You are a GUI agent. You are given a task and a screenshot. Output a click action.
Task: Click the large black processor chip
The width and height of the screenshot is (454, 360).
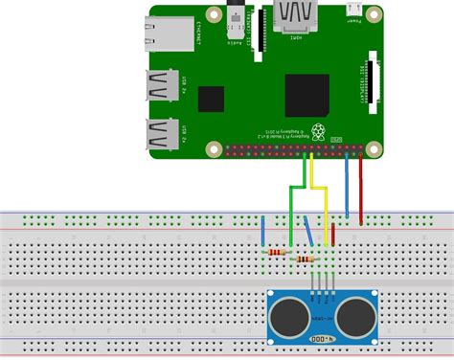(306, 95)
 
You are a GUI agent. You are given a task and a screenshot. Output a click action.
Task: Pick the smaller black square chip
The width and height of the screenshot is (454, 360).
(211, 99)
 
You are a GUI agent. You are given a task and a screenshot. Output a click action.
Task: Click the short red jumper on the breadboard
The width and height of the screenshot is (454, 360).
(338, 229)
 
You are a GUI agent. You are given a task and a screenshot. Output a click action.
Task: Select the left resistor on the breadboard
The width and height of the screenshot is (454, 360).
(278, 251)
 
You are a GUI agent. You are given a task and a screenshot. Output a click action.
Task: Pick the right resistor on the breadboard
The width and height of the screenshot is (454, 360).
(306, 259)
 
